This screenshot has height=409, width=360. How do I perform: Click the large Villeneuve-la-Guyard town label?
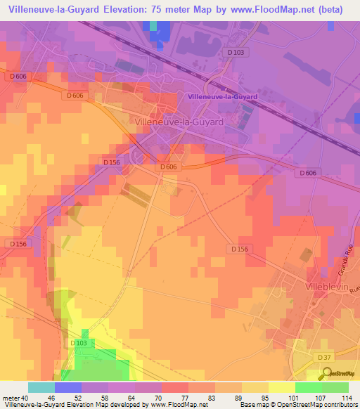point(177,122)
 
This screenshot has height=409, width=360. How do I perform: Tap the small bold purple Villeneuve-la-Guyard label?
point(223,96)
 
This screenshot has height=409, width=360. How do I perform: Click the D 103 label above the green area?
point(79,343)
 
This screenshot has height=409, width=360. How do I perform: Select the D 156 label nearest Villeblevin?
point(240,249)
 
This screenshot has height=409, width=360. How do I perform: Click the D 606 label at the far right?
point(307,172)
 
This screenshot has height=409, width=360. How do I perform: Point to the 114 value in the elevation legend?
point(347,397)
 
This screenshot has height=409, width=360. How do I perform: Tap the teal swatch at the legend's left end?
point(41,387)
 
